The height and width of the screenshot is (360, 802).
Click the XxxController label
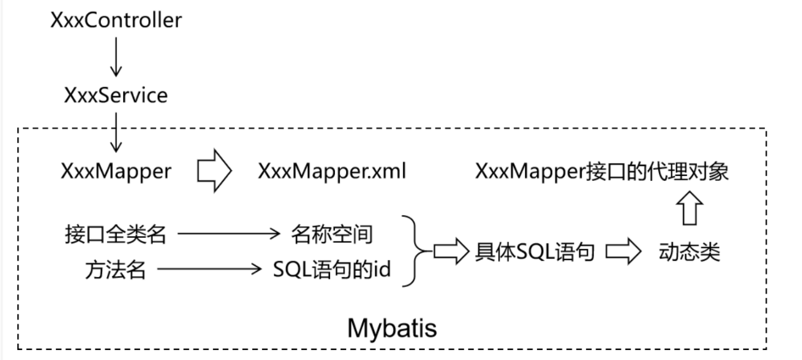[116, 20]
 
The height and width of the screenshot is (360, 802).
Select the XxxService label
[116, 95]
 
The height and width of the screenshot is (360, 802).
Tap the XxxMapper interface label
[116, 172]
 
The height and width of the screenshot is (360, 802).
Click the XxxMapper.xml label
[332, 172]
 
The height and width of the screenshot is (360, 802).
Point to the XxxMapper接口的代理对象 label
[602, 172]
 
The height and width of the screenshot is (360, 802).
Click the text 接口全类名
[116, 234]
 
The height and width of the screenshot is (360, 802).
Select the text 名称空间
[331, 234]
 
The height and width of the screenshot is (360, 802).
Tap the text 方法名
[116, 270]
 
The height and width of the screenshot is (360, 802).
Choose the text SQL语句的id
[332, 270]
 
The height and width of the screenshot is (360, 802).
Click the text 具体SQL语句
[535, 253]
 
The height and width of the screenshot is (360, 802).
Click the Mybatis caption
[391, 328]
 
